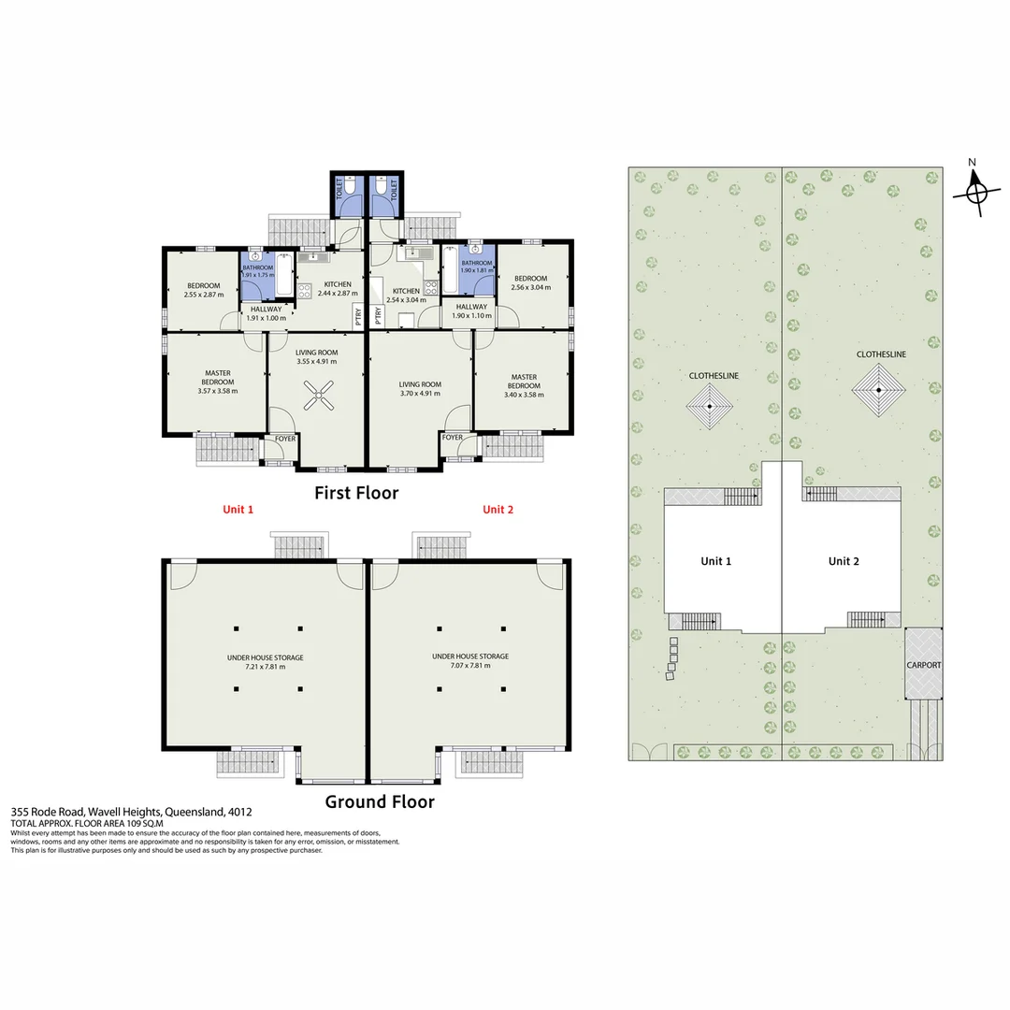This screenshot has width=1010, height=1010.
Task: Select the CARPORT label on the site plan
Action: click(923, 665)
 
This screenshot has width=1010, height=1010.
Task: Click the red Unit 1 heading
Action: click(238, 510)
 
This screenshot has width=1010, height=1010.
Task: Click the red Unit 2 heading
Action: click(498, 510)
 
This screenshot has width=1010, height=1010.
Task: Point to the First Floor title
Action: click(356, 493)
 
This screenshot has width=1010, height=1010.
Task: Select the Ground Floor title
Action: click(379, 801)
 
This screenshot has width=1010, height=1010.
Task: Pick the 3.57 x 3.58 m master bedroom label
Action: click(217, 382)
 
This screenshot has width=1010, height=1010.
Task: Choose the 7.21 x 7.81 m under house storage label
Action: click(265, 662)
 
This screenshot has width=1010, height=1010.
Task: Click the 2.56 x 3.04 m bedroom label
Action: click(530, 282)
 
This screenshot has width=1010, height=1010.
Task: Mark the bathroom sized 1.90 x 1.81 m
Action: click(476, 267)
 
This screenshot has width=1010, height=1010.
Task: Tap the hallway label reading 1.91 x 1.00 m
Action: click(265, 313)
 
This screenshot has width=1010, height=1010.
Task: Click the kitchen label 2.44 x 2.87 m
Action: click(338, 289)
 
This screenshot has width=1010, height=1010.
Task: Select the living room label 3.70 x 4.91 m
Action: click(420, 389)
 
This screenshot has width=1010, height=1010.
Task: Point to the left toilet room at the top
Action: click(347, 194)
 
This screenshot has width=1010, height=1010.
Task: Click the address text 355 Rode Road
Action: click(131, 813)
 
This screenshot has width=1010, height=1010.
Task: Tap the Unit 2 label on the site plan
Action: click(843, 561)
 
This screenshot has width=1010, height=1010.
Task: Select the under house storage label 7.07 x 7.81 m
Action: click(470, 661)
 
